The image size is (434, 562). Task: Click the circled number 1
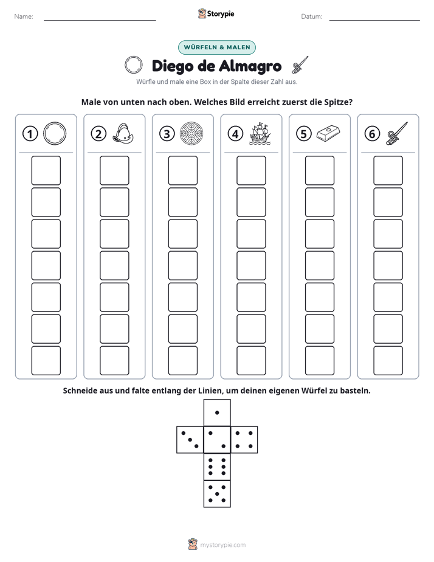pyautogui.click(x=30, y=134)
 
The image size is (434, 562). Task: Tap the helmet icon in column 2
pyautogui.click(x=123, y=134)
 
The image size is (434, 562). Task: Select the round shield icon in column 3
pyautogui.click(x=191, y=134)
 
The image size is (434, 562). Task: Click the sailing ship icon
pyautogui.click(x=260, y=134)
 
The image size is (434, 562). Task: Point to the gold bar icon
pyautogui.click(x=328, y=133)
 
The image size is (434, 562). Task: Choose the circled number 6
pyautogui.click(x=372, y=134)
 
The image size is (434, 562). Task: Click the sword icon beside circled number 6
pyautogui.click(x=397, y=133)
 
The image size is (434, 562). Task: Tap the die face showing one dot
pyautogui.click(x=217, y=412)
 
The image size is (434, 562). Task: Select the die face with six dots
pyautogui.click(x=217, y=467)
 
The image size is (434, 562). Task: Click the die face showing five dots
pyautogui.click(x=217, y=494)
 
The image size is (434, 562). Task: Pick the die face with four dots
pyautogui.click(x=244, y=440)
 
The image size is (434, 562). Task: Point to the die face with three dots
pyautogui.click(x=190, y=440)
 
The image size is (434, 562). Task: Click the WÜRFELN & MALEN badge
pyautogui.click(x=217, y=47)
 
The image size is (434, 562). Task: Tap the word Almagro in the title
pyautogui.click(x=250, y=66)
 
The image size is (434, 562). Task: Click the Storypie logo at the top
pyautogui.click(x=216, y=13)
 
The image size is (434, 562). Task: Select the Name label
pyautogui.click(x=24, y=16)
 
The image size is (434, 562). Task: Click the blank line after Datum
pyautogui.click(x=374, y=20)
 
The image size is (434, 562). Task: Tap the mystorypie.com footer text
pyautogui.click(x=222, y=545)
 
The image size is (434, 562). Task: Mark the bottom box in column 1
pyautogui.click(x=46, y=361)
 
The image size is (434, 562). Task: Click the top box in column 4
pyautogui.click(x=251, y=170)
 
